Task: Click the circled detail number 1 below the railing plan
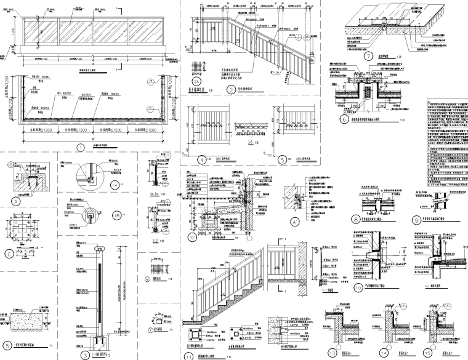pyautogui.click(x=81, y=147)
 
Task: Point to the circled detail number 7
pyautogui.click(x=369, y=56)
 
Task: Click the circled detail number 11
pyautogui.click(x=189, y=355)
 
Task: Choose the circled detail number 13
pyautogui.click(x=334, y=353)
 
